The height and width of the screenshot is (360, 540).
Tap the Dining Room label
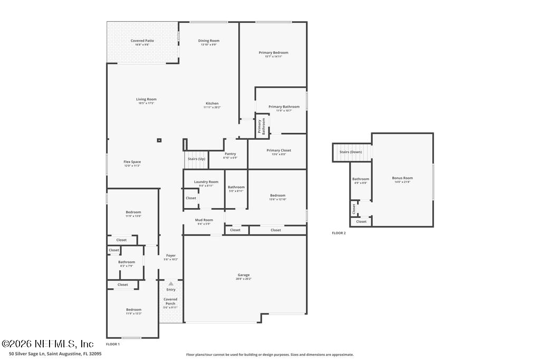tap(209, 41)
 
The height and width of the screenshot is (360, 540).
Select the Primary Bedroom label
tap(273, 53)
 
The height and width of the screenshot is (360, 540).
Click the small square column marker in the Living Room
tap(159, 140)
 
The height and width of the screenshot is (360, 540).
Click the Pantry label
tap(230, 154)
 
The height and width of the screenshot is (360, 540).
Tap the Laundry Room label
tap(206, 182)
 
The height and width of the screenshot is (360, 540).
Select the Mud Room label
tap(204, 220)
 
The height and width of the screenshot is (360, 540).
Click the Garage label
tap(244, 275)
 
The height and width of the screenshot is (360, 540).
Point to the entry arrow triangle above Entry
tap(171, 284)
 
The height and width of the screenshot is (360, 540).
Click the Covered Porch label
tap(170, 301)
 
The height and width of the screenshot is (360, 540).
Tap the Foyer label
tap(171, 256)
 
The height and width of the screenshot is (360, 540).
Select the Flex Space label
tap(132, 162)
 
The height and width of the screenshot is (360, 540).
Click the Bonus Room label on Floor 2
tap(402, 178)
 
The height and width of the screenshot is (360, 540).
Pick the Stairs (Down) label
tap(351, 152)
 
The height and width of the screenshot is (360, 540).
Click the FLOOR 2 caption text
tap(339, 233)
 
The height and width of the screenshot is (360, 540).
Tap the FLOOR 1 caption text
tap(113, 344)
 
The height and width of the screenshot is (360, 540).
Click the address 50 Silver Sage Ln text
tap(51, 354)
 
